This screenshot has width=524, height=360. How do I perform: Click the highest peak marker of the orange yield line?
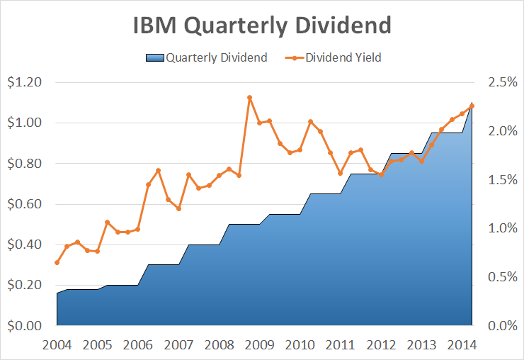tap(249, 98)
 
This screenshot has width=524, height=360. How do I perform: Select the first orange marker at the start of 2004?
tap(57, 263)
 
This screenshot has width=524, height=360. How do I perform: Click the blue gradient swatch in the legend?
tap(154, 57)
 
